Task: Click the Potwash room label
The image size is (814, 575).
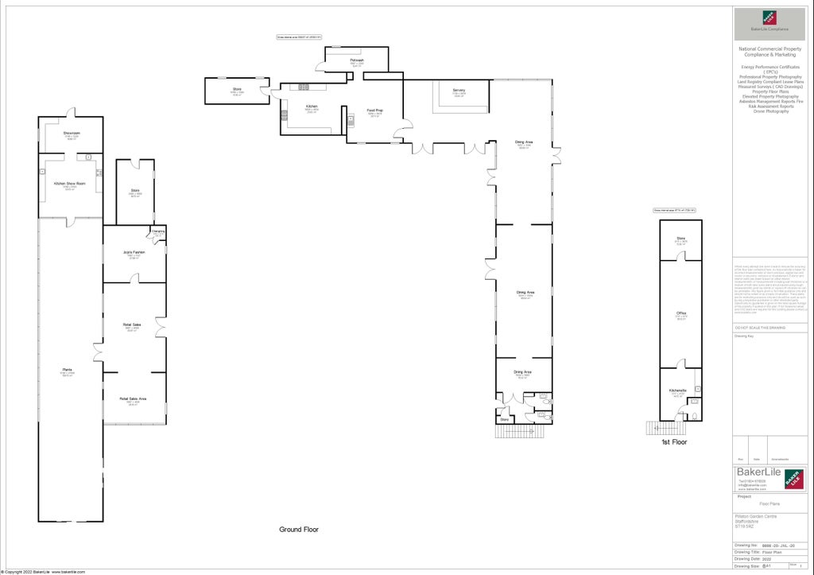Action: (357, 60)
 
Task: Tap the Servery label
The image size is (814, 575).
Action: (459, 91)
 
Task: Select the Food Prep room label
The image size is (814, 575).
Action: (374, 111)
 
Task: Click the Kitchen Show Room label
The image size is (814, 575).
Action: (69, 184)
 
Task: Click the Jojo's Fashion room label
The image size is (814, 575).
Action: (134, 252)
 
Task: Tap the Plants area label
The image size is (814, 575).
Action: (68, 370)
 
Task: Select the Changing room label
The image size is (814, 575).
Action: (158, 231)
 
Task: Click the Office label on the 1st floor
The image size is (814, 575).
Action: (681, 313)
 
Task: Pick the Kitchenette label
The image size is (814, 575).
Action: (677, 390)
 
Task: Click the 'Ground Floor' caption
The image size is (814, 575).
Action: (298, 530)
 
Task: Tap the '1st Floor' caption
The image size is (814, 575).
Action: (674, 442)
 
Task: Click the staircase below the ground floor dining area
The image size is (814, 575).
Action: (522, 431)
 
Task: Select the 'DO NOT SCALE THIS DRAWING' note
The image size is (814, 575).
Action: (759, 328)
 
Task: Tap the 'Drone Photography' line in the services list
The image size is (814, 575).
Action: (771, 111)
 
